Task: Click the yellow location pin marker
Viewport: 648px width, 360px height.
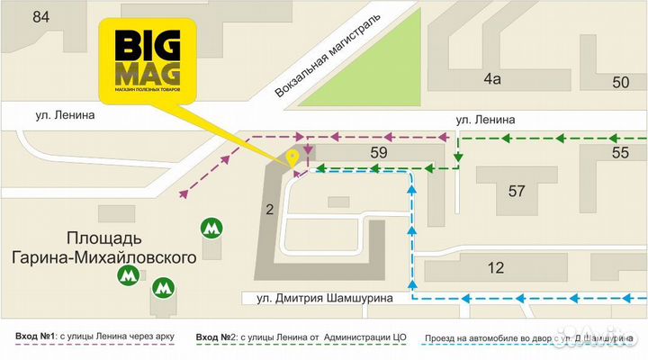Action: click(x=292, y=157)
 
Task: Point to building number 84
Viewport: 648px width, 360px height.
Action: click(x=40, y=16)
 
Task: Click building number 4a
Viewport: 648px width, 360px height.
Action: click(x=490, y=79)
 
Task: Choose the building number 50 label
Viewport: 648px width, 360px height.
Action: click(x=620, y=83)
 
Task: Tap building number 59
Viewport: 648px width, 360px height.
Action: click(x=379, y=152)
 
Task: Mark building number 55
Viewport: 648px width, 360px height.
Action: click(x=620, y=152)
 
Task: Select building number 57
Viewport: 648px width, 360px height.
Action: click(x=516, y=191)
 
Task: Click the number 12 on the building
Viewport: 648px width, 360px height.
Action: click(x=495, y=267)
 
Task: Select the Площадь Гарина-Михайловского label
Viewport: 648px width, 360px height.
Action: click(x=104, y=248)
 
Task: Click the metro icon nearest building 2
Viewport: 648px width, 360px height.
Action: click(x=212, y=228)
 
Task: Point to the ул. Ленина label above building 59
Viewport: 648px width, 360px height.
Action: click(x=485, y=119)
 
